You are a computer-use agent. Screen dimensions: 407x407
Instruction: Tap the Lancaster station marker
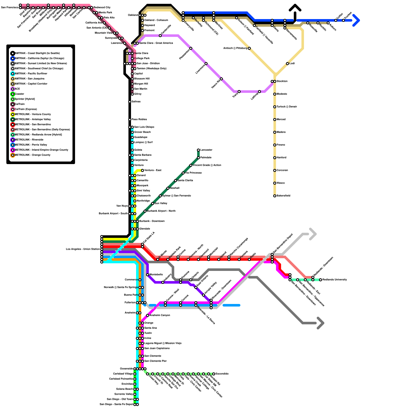pos(198,150)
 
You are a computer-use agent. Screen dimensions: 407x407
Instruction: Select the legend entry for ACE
pos(17,89)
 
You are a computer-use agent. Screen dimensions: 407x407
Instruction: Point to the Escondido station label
pos(222,374)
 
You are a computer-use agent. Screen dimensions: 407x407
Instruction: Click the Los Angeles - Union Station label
pos(83,249)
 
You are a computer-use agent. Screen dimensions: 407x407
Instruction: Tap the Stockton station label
pos(282,81)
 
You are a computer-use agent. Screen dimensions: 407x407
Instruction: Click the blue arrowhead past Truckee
pos(356,20)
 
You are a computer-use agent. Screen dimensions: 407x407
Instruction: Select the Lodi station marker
pos(287,64)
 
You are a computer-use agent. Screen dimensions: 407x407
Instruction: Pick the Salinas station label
pos(136,102)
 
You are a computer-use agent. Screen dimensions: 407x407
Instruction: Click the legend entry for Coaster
pos(19,94)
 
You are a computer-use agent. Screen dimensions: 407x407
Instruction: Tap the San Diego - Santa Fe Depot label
pos(116,404)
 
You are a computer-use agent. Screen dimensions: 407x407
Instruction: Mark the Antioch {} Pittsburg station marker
pos(249,48)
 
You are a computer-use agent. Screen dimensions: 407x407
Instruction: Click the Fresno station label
pos(281,145)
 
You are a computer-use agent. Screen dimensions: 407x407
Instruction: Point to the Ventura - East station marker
pos(142,170)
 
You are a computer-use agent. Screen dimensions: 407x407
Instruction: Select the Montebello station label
pos(156,275)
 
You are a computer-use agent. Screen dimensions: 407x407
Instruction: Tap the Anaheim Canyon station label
pos(160,315)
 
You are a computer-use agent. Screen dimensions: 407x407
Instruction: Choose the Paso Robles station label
pos(139,120)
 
